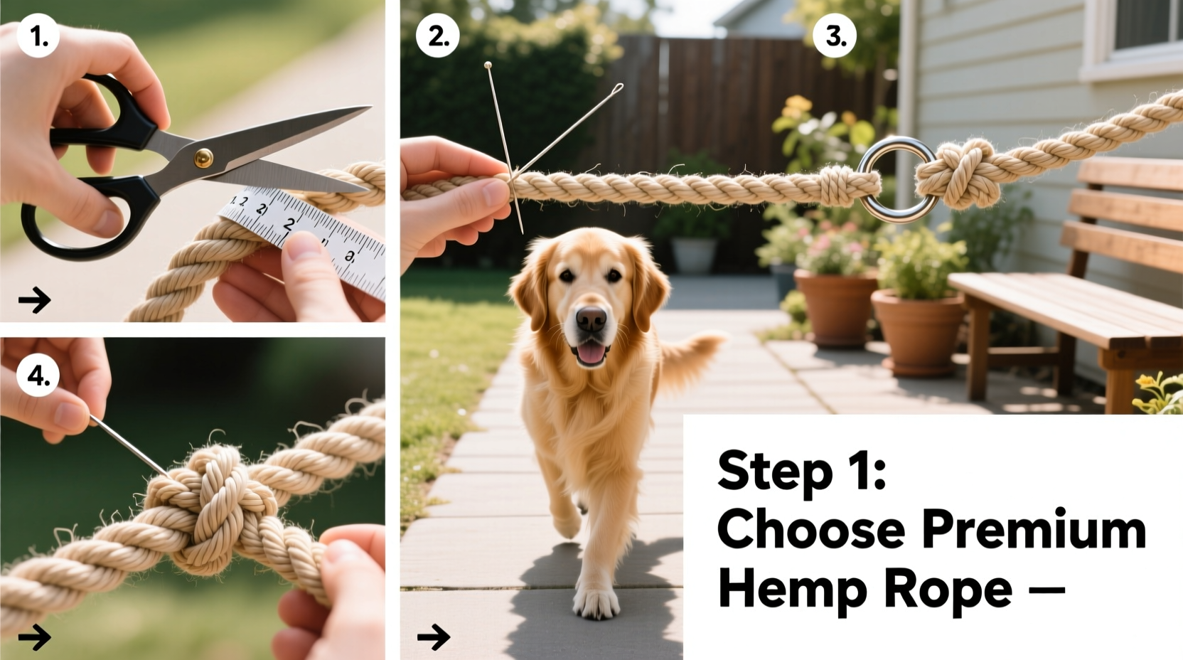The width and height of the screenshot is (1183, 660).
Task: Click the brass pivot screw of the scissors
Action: coord(204,158)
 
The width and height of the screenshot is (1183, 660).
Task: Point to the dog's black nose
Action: coord(591,319)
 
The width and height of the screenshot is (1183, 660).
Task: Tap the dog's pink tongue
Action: coord(591,353)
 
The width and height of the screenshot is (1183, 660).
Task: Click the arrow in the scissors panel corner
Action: coord(34,300)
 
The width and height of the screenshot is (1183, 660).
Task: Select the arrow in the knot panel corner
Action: coord(34,637)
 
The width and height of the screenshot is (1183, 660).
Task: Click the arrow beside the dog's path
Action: coord(434,637)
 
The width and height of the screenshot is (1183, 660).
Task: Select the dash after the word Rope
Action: coord(1046,590)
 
